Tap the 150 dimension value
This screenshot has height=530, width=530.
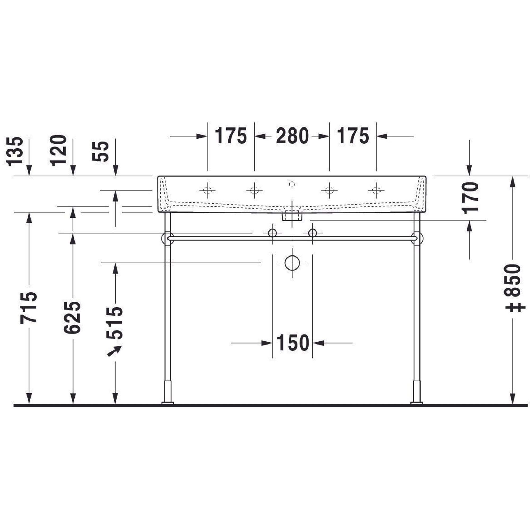point(293,343)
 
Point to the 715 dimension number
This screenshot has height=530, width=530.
point(29,308)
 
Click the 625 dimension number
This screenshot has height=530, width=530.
point(72,317)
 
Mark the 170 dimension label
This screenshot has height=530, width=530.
point(470,198)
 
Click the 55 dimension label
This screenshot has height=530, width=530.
point(100,151)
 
